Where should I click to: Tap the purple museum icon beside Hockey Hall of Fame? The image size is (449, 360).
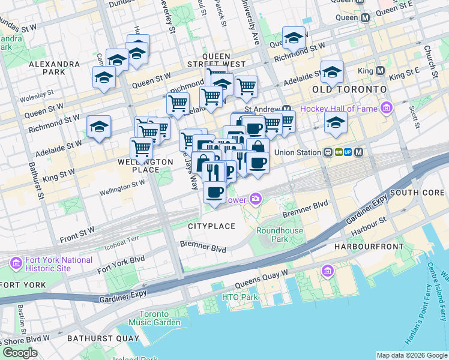tap(386, 109)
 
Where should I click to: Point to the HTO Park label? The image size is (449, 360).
tap(240, 297)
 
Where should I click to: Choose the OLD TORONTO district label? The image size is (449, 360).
tap(349, 89)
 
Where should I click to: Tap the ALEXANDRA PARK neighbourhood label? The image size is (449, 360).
tap(54, 67)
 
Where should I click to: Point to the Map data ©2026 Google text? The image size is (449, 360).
tap(412, 355)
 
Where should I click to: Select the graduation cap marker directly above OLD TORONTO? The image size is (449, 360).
tap(332, 72)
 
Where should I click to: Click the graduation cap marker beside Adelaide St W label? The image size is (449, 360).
tap(99, 127)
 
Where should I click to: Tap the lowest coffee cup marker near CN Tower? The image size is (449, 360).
tap(214, 192)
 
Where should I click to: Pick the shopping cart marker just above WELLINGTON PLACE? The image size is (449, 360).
tap(141, 148)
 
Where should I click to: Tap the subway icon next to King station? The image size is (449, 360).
tap(380, 70)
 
